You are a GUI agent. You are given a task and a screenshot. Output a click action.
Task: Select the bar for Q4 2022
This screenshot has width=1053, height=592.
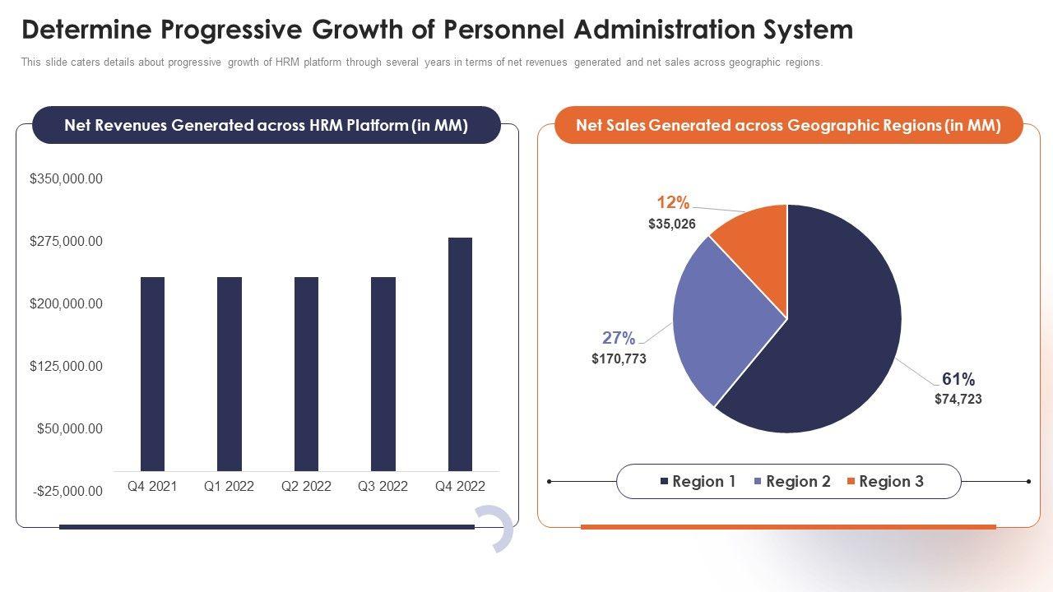tap(460, 354)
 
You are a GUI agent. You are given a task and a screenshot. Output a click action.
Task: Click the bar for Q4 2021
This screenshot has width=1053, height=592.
tap(152, 373)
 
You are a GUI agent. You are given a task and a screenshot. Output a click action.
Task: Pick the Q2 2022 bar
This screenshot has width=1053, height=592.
tap(306, 373)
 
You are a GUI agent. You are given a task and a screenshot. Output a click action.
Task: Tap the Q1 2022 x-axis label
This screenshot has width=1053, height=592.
tap(229, 486)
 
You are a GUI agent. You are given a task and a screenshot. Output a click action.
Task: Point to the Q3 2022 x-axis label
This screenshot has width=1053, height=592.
tap(383, 486)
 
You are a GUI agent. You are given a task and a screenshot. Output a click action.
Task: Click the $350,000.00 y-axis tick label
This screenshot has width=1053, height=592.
tap(66, 178)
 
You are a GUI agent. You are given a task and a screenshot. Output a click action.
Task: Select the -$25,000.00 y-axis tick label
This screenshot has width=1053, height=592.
tap(67, 491)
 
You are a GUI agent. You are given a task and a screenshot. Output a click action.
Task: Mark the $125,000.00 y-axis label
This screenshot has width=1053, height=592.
tap(66, 366)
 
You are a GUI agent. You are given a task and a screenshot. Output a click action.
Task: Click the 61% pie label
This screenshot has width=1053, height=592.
tap(958, 379)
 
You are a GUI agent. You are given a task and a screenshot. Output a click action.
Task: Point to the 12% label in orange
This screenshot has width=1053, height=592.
tap(673, 203)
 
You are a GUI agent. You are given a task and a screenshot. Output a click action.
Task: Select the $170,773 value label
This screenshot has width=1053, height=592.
tap(619, 358)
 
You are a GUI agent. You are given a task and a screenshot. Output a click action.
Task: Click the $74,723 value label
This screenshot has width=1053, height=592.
tap(958, 399)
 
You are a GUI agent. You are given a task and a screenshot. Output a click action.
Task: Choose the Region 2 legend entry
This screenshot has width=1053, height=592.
tap(792, 482)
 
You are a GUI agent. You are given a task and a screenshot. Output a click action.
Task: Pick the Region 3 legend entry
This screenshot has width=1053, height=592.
tap(885, 482)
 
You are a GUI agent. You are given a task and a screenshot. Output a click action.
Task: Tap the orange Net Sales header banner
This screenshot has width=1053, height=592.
tap(788, 125)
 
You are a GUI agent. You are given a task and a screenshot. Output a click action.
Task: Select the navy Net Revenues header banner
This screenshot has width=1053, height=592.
tap(266, 125)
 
